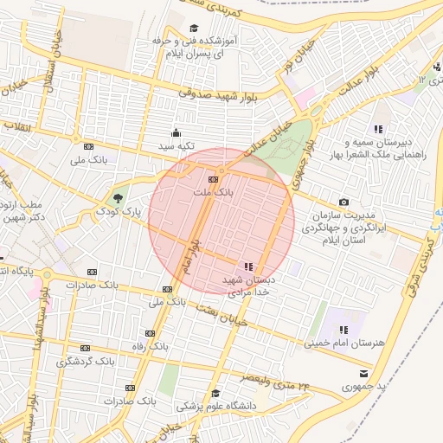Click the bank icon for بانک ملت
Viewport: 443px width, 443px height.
click(214, 179)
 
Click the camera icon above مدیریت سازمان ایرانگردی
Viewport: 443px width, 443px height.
click(344, 202)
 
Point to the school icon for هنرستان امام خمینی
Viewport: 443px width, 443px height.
click(344, 330)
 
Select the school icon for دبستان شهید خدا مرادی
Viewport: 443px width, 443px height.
click(250, 266)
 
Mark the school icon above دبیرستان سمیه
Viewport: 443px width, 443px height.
click(377, 129)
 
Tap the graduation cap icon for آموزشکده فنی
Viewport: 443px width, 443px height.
click(194, 28)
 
